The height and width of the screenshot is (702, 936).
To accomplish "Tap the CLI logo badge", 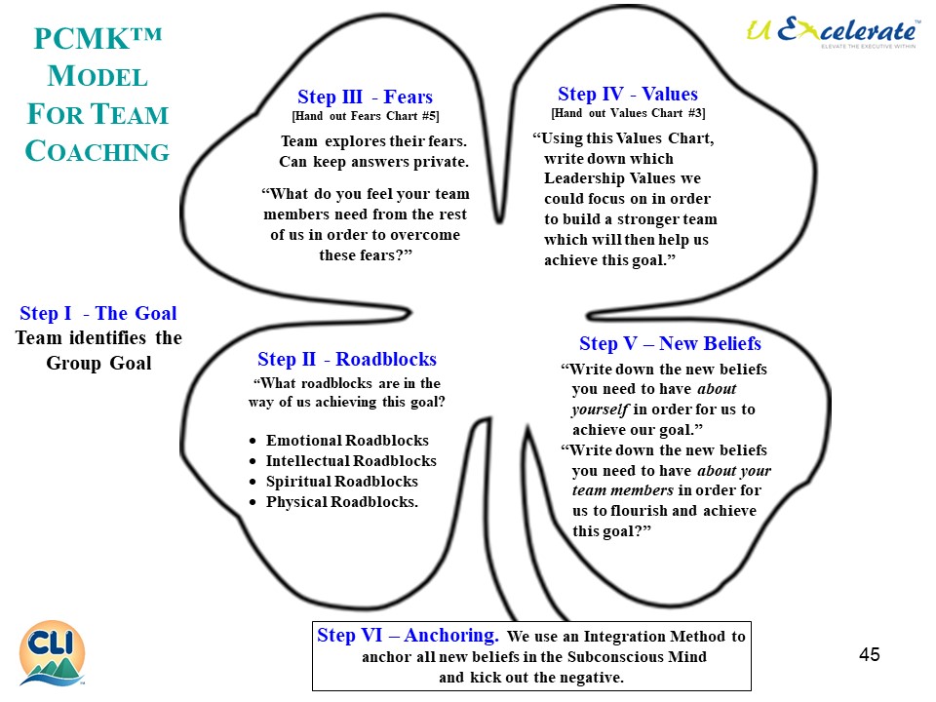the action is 52,652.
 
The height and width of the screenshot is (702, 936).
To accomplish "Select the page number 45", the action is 870,654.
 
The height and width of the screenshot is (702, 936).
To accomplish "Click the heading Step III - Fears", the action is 365,97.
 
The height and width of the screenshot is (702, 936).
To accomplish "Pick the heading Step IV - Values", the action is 628,94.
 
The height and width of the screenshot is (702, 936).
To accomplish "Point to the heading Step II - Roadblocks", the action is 346,359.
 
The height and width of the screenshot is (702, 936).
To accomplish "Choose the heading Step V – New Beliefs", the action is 670,343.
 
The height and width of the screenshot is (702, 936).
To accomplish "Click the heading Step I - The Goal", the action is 98,313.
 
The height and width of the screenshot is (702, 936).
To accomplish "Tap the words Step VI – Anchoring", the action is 408,636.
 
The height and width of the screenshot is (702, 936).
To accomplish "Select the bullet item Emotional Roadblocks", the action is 347,441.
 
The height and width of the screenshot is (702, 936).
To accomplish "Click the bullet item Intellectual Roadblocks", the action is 351,461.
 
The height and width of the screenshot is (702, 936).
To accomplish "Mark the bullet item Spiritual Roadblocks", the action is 341,482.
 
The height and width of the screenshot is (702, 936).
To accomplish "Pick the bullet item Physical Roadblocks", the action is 341,502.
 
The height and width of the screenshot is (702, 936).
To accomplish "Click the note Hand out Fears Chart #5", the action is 366,117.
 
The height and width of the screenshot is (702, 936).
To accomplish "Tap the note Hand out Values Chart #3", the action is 628,113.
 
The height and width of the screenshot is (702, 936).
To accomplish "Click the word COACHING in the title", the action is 97,152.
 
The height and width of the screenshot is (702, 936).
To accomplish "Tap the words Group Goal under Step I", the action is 97,364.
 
